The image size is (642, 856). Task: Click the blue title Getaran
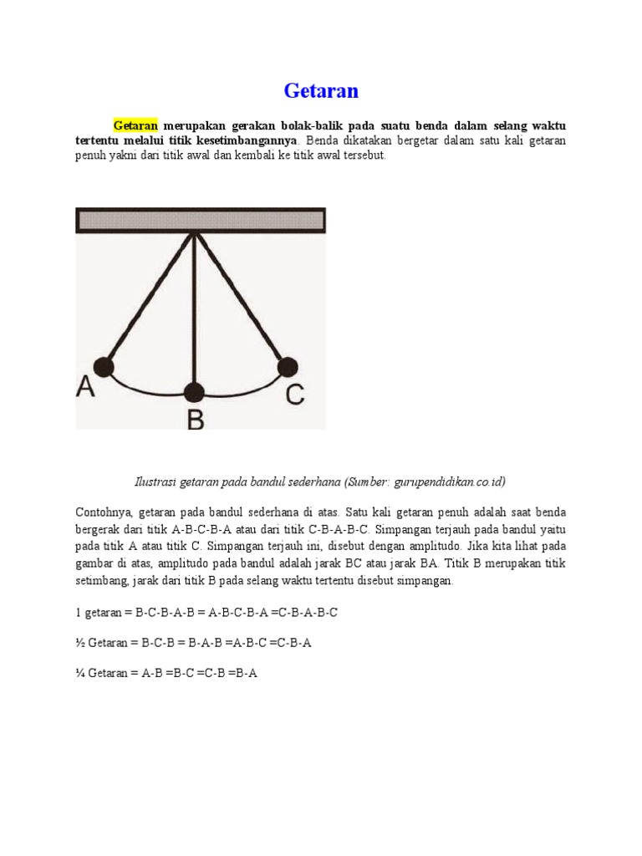pyautogui.click(x=321, y=89)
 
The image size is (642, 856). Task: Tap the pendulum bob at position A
pyautogui.click(x=103, y=366)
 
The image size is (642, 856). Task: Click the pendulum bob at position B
pyautogui.click(x=194, y=392)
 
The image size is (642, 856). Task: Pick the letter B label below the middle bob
pyautogui.click(x=195, y=417)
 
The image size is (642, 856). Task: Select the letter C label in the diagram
pyautogui.click(x=294, y=393)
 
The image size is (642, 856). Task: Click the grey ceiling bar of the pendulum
pyautogui.click(x=201, y=220)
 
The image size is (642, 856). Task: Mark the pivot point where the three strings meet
pyautogui.click(x=195, y=234)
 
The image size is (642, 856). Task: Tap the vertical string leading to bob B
pyautogui.click(x=194, y=309)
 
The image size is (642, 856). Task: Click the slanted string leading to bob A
pyautogui.click(x=149, y=300)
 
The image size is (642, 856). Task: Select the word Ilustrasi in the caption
pyautogui.click(x=156, y=482)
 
